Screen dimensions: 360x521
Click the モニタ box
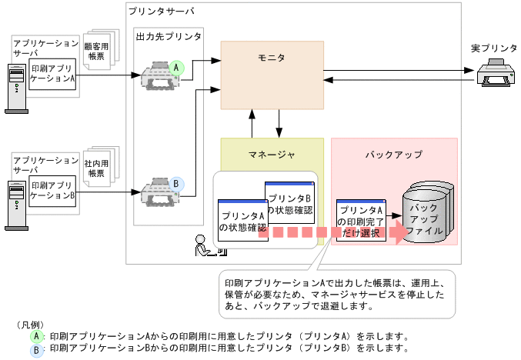272,75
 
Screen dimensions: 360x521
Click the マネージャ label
272,154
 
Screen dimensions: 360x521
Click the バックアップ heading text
393,154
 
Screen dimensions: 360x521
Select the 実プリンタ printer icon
494,76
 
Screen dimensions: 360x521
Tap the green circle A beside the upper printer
176,68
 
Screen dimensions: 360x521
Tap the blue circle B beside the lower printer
176,184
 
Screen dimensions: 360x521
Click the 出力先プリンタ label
169,36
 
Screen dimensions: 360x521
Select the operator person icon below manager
205,245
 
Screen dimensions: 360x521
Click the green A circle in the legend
36,336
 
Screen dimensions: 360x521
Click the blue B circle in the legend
36,348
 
